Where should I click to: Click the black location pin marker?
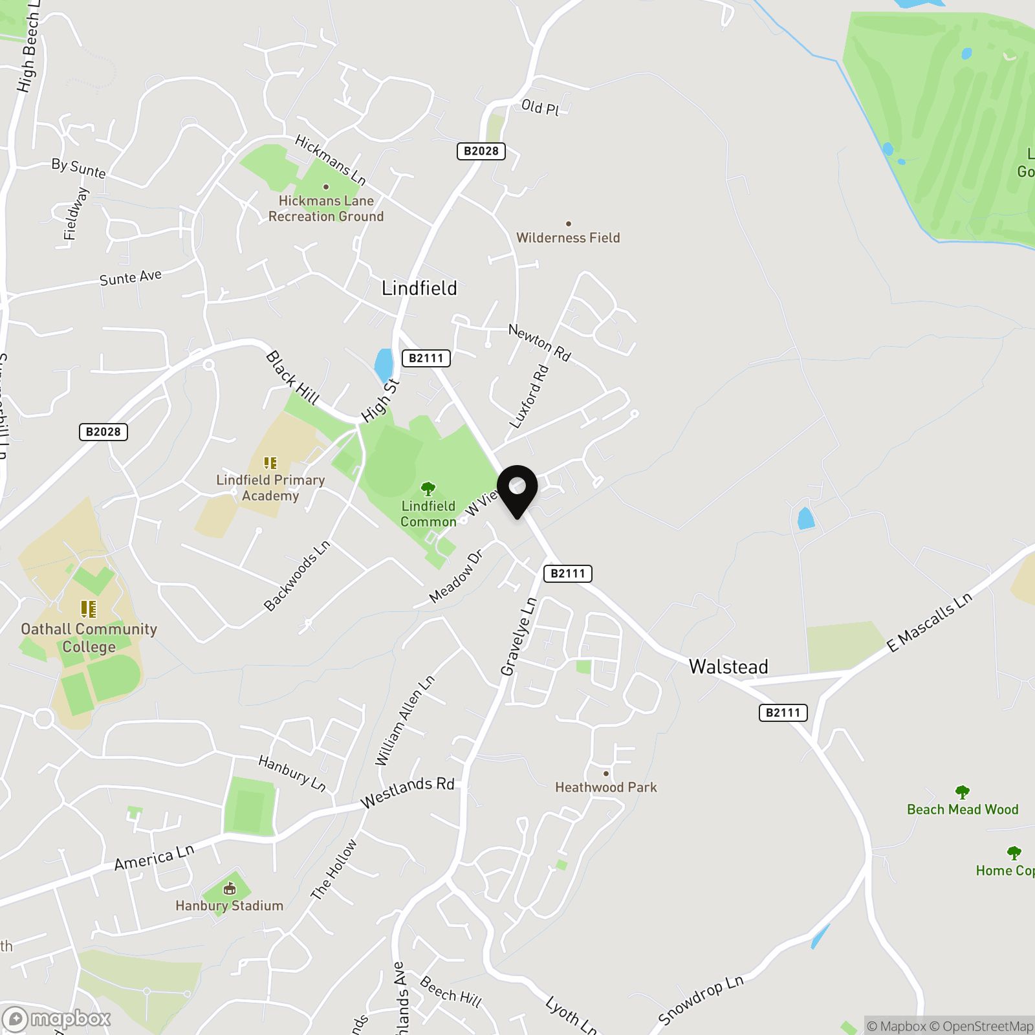pos(517,490)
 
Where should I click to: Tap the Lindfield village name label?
pos(419,288)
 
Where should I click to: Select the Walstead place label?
pos(728,666)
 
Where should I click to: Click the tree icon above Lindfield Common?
pos(428,489)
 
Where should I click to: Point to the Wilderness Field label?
pos(568,237)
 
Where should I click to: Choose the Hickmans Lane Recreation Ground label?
pos(326,208)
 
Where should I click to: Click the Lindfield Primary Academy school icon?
pos(270,463)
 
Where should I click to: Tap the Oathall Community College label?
pos(89,637)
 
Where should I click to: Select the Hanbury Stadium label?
pos(230,906)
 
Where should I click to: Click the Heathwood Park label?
pos(606,787)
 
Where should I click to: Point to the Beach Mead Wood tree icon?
pos(962,792)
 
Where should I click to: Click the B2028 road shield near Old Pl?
pos(481,151)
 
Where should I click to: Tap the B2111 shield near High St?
pos(426,358)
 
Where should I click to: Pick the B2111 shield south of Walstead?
pos(783,713)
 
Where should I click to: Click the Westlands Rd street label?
pos(408,793)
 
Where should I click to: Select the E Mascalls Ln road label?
pos(930,622)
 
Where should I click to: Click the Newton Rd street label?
pos(539,343)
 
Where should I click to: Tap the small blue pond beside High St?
pos(384,365)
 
